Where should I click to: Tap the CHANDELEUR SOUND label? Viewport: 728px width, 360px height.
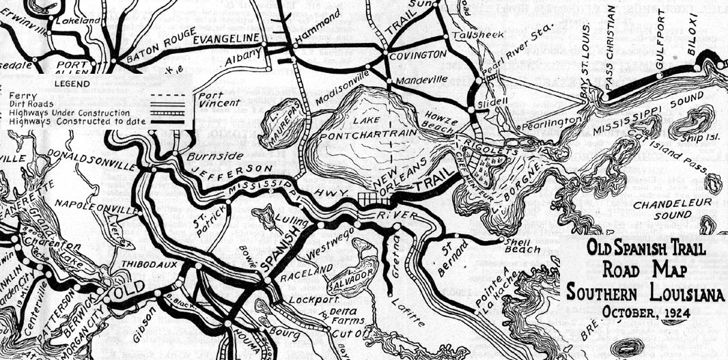[672, 209]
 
